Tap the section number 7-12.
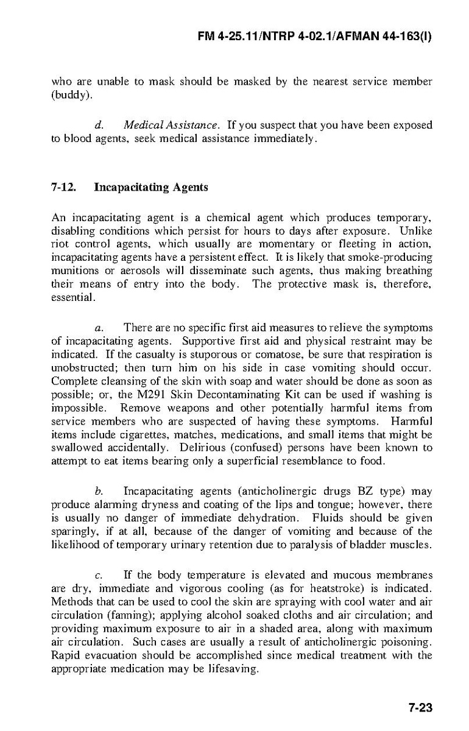[x=63, y=187]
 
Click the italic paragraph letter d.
[x=98, y=125]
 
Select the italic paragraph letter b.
[x=98, y=490]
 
